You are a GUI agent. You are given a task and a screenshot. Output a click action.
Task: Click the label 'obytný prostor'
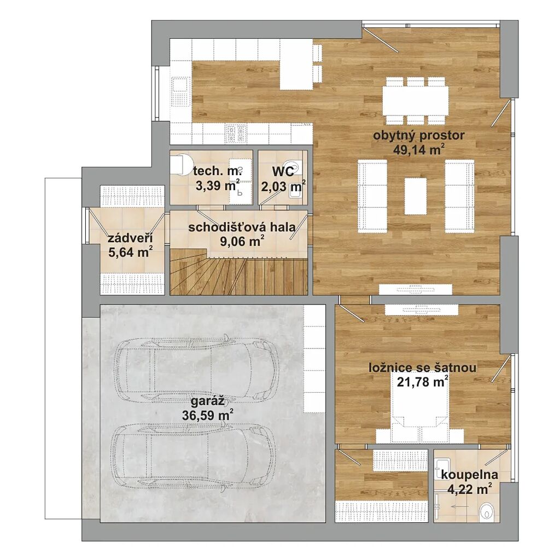click(418, 136)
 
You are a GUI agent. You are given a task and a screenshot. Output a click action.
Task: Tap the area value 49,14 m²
click(419, 150)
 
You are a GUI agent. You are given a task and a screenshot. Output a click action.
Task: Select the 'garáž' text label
click(207, 401)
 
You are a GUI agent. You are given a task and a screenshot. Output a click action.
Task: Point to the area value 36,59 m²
click(208, 416)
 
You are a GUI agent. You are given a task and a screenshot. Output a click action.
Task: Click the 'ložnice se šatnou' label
click(423, 367)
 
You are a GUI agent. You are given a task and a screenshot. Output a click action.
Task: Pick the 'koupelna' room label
click(470, 475)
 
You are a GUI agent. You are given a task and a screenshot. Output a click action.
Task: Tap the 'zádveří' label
click(130, 238)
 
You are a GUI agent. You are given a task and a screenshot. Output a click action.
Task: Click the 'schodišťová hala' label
click(242, 227)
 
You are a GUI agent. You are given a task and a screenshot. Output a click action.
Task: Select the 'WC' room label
click(283, 171)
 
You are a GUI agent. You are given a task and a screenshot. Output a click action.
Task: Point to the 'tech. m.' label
click(218, 171)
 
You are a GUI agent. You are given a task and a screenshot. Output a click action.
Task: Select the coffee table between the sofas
click(416, 196)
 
